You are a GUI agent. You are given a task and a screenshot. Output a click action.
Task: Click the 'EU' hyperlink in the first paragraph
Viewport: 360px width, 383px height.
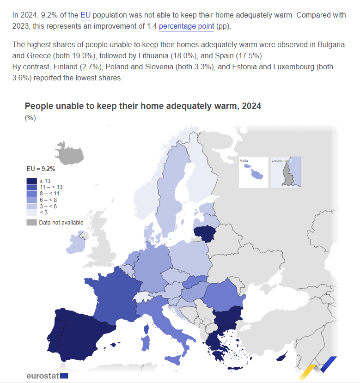[x=85, y=15]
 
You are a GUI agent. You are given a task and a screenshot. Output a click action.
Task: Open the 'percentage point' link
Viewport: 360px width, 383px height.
[x=186, y=26]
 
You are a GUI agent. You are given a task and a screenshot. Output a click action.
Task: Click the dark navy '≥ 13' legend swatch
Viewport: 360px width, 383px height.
[x=32, y=180]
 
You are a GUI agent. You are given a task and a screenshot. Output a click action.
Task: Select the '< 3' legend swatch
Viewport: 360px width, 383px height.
[x=32, y=213]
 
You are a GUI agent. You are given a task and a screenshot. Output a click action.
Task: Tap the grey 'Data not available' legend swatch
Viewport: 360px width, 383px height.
[x=32, y=223]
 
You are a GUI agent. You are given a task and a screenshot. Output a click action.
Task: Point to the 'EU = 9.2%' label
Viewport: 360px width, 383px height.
[x=41, y=169]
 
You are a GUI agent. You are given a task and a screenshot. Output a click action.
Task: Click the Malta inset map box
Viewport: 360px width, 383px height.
[x=253, y=172]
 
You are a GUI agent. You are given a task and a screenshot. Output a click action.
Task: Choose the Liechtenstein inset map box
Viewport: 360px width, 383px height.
[x=286, y=172]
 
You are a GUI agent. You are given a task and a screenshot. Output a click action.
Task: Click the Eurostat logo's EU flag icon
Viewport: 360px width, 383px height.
[x=64, y=376]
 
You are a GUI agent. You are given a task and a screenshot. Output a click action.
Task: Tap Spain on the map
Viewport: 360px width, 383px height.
[x=79, y=333]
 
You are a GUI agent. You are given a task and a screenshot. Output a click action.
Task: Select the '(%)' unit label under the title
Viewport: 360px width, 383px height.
[x=30, y=118]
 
